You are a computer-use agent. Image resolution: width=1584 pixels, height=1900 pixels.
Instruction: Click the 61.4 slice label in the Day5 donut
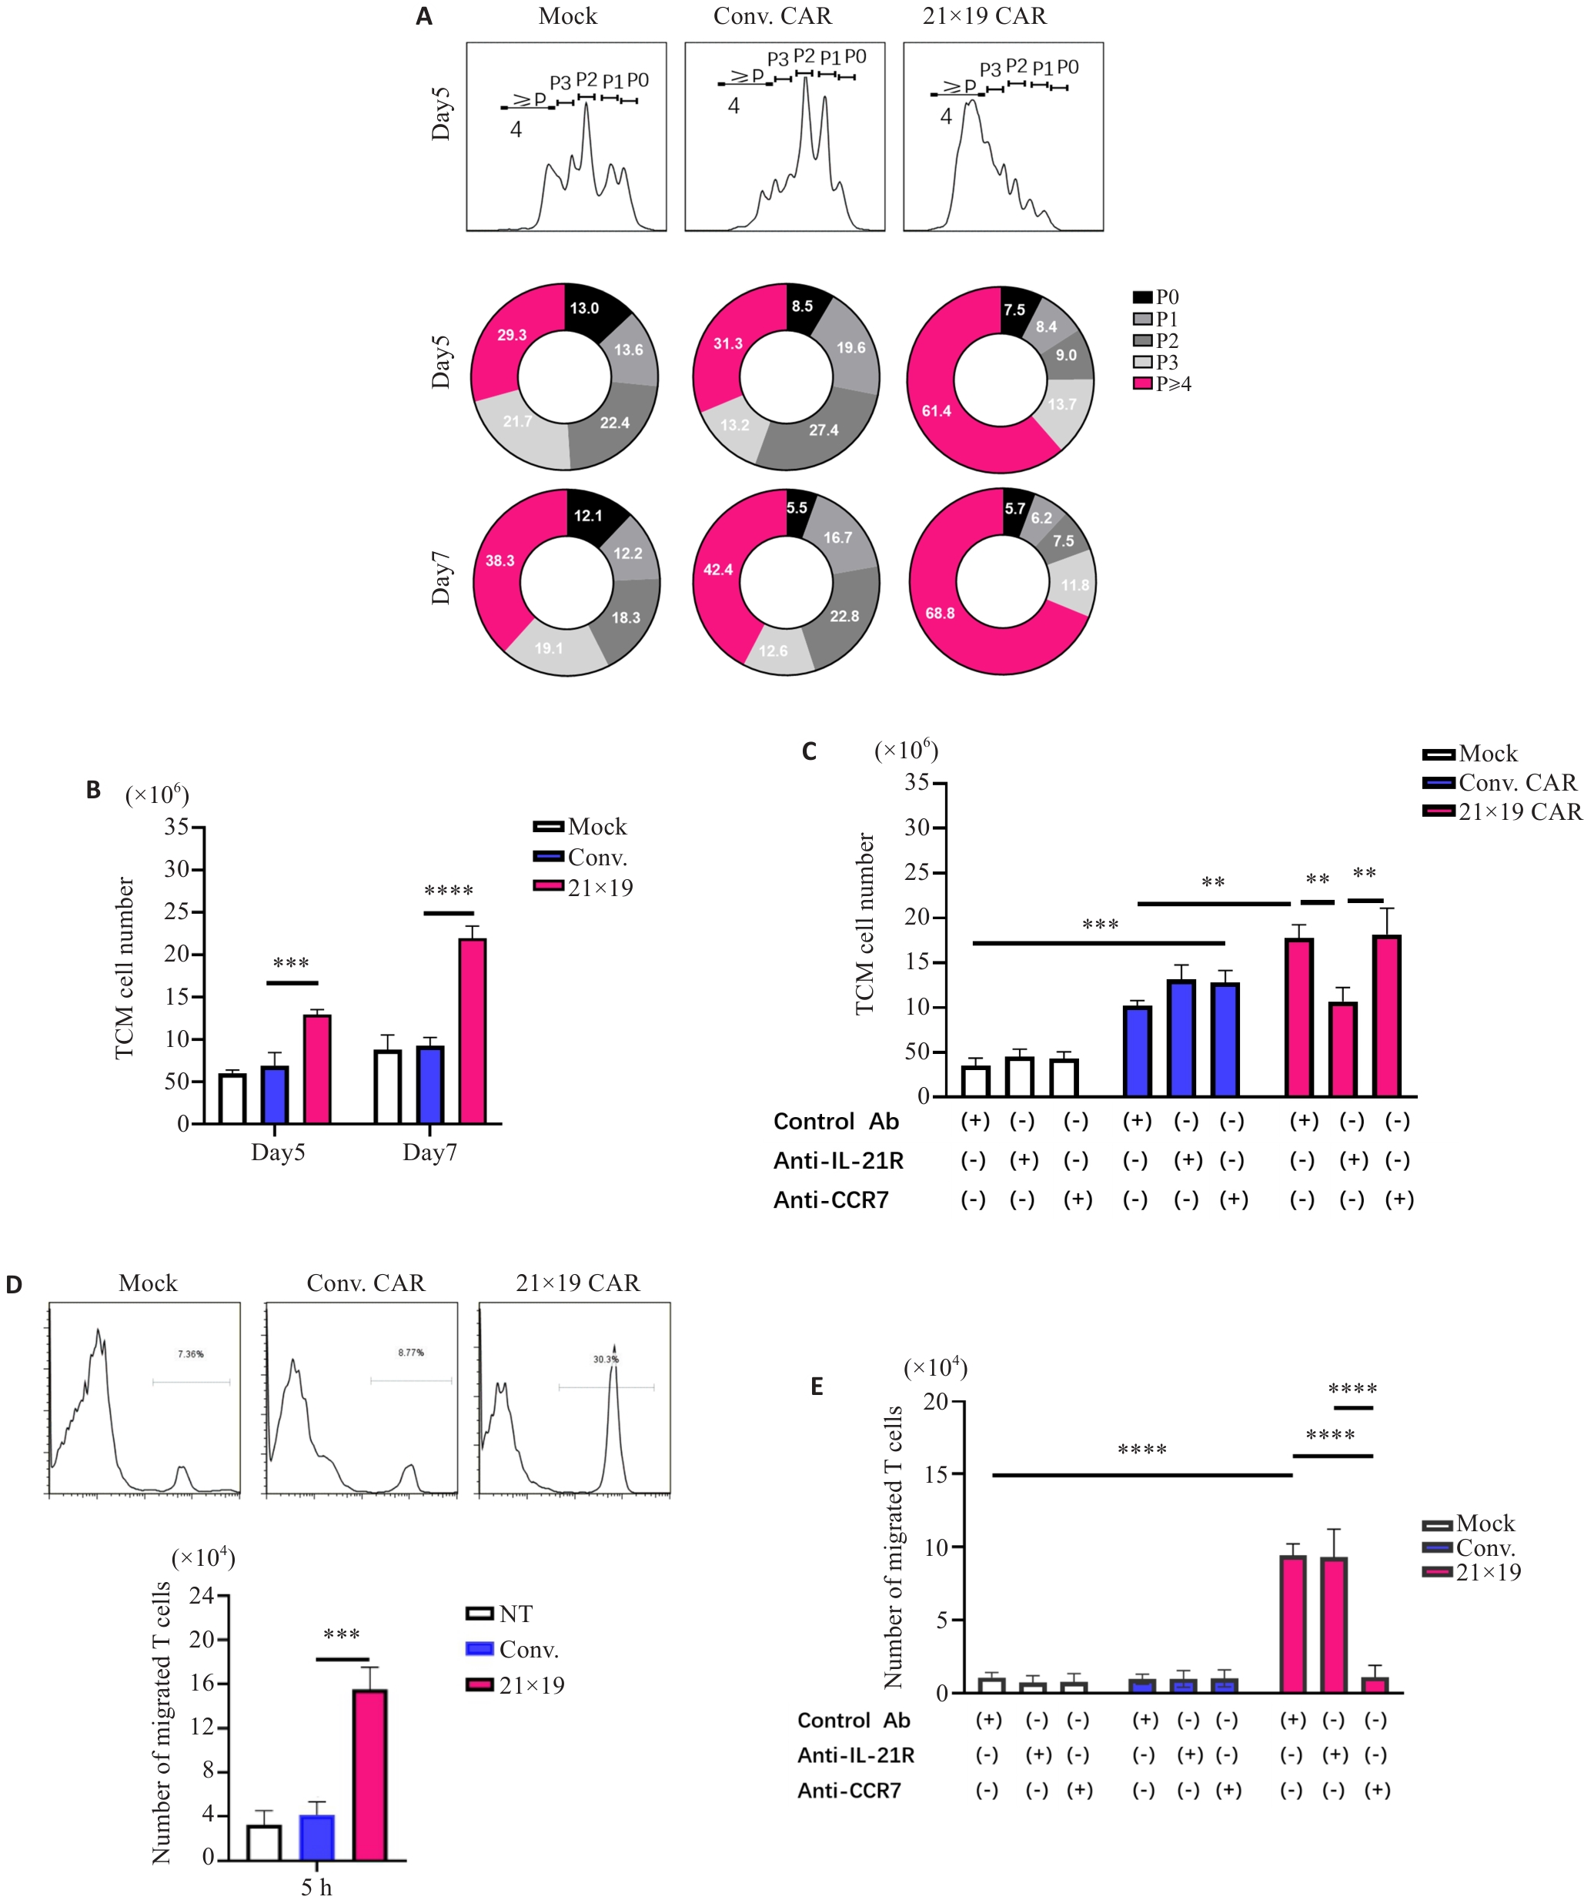(x=935, y=411)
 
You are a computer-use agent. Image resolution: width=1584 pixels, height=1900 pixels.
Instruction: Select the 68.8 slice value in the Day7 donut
(x=939, y=613)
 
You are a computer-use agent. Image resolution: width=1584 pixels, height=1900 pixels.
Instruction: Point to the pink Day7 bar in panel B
(x=473, y=1031)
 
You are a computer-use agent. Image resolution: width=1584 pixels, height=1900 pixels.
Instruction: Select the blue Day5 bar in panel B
(x=275, y=1094)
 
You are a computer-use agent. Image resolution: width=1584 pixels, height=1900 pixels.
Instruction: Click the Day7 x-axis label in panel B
(x=429, y=1152)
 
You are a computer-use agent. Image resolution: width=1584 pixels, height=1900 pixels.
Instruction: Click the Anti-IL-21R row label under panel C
(x=839, y=1160)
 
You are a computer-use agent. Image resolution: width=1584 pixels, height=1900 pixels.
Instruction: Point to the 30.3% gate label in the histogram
(x=606, y=1359)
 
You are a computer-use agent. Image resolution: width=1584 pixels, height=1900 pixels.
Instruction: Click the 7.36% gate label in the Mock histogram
(x=191, y=1354)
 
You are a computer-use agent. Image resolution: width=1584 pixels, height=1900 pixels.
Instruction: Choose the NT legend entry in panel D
(x=500, y=1613)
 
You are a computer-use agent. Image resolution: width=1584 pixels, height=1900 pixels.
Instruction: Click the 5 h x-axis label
(x=316, y=1886)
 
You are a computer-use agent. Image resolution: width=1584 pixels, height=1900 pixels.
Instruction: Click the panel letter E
(x=817, y=1386)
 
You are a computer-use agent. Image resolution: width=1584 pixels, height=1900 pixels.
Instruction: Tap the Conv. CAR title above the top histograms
(x=772, y=16)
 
